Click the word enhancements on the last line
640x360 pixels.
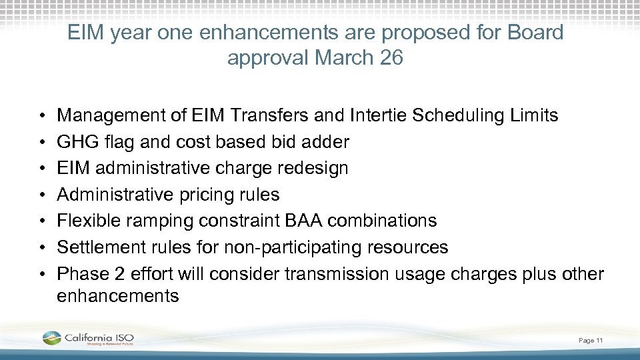click(118, 295)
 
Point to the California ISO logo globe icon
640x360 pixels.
click(51, 338)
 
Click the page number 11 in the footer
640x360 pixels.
click(600, 341)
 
